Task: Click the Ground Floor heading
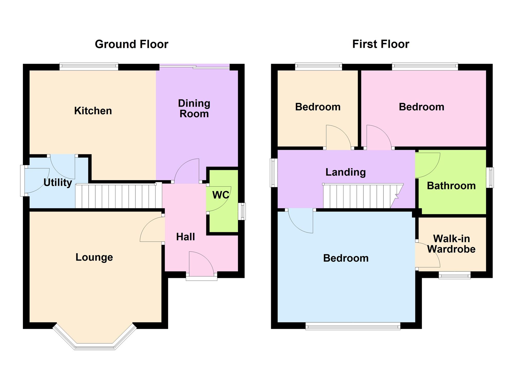[x=132, y=44]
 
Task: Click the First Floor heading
[x=381, y=44]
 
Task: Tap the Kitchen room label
[x=93, y=111]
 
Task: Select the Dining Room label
[x=194, y=108]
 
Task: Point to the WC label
[x=221, y=195]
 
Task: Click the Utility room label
[x=58, y=183]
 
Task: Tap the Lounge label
[x=94, y=257]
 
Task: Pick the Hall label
[x=186, y=237]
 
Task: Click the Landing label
[x=346, y=172]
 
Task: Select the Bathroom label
[x=451, y=186]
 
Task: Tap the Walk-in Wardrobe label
[x=452, y=244]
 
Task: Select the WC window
[x=242, y=212]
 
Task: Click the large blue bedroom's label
[x=346, y=258]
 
